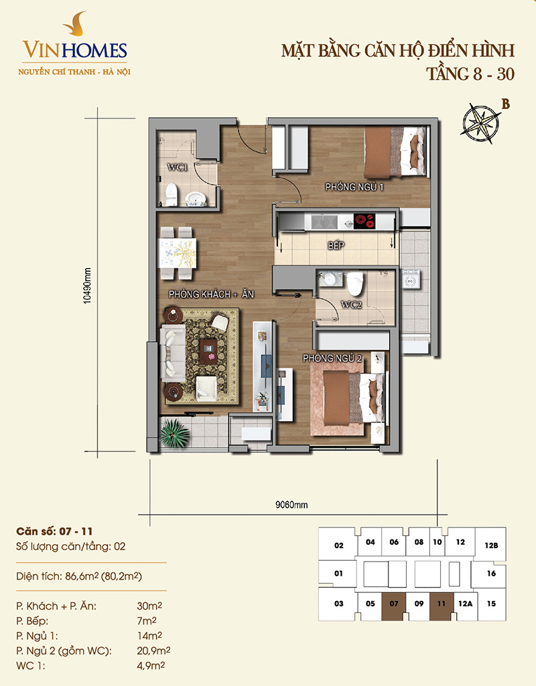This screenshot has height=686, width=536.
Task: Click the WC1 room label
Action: point(177,167)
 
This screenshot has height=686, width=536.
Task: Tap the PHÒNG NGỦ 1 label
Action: point(354,187)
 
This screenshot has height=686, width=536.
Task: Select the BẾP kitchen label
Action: point(336,246)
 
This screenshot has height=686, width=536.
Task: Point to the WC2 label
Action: point(352,305)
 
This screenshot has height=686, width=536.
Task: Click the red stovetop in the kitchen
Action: point(364,222)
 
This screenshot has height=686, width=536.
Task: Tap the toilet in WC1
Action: point(171,194)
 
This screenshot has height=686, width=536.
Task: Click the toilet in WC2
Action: point(355,284)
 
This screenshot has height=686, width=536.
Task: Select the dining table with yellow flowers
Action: point(178,253)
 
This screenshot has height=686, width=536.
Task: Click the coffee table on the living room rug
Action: point(210,352)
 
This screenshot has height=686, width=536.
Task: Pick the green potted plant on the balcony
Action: point(174,433)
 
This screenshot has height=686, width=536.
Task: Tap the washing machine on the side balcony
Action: point(411,280)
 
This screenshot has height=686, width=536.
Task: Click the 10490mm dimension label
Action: point(88,286)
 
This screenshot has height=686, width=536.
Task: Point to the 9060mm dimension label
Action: point(291,505)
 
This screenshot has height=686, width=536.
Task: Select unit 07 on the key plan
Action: point(394,606)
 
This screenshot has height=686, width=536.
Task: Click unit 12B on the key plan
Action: point(491,545)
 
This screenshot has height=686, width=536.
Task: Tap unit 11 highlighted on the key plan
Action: point(441,606)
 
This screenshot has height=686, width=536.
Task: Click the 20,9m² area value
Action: point(153,651)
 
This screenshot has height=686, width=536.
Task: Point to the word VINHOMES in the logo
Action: point(75,50)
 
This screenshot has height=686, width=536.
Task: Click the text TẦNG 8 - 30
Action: point(470,74)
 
